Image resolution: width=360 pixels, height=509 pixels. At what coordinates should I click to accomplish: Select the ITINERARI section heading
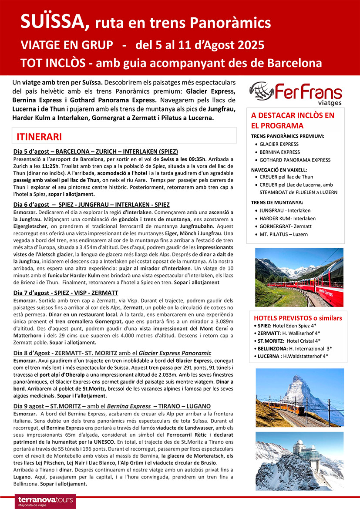(x=39, y=136)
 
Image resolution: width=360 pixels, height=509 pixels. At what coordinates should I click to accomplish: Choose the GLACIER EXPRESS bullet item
(x=279, y=144)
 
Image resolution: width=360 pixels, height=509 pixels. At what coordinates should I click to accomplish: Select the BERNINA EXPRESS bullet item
(x=279, y=152)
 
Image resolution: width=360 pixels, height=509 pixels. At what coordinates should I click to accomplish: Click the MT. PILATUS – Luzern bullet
(x=283, y=234)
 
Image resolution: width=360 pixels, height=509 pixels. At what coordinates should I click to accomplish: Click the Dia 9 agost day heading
(x=112, y=406)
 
